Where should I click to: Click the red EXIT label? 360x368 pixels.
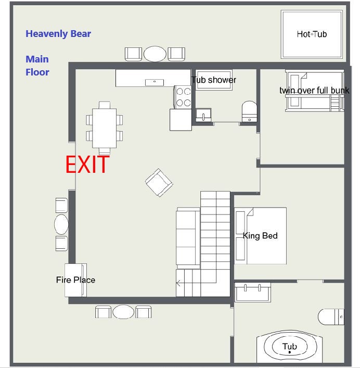click(x=87, y=164)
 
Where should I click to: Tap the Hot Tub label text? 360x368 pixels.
click(x=312, y=34)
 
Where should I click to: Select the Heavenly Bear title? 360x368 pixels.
click(x=58, y=34)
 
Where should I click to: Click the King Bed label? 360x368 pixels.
click(x=260, y=235)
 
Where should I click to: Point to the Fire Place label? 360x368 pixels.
click(x=75, y=280)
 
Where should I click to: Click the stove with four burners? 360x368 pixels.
click(x=183, y=97)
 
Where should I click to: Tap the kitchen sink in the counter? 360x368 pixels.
click(x=155, y=82)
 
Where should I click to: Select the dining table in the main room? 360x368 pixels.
click(x=105, y=128)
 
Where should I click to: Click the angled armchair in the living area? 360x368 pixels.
click(x=159, y=183)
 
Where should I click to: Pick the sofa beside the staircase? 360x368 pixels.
click(x=188, y=238)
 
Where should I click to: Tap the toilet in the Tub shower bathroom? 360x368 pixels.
click(x=249, y=111)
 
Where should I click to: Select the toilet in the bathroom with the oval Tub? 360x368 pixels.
click(x=331, y=317)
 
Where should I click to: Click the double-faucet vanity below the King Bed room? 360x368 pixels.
click(x=253, y=292)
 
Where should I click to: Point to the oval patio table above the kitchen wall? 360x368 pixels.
click(x=155, y=54)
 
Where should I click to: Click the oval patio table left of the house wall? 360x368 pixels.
click(x=61, y=224)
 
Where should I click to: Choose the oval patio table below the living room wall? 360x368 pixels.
click(x=123, y=312)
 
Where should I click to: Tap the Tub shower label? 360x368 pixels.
click(x=214, y=80)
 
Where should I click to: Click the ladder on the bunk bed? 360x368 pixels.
click(x=335, y=103)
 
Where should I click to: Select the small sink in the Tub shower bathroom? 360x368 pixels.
click(x=203, y=115)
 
